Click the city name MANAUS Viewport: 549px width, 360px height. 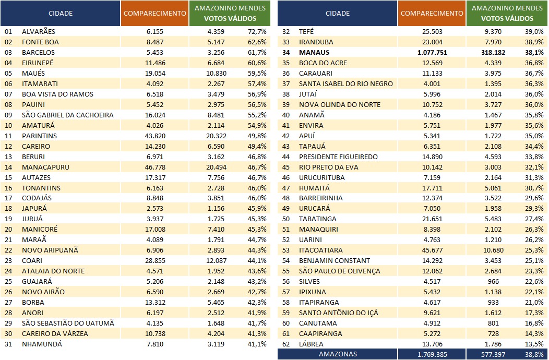click(x=314, y=53)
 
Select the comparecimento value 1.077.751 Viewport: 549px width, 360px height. click(x=432, y=53)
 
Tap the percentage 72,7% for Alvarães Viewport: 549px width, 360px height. click(x=257, y=31)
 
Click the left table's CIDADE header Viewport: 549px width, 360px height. click(x=61, y=14)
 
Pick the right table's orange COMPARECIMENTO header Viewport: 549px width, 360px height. click(x=432, y=14)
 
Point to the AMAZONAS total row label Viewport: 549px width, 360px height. click(x=338, y=354)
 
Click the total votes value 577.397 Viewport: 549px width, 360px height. click(x=493, y=354)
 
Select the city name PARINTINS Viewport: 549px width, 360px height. click(x=39, y=136)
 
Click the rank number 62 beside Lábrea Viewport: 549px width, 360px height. click(x=286, y=344)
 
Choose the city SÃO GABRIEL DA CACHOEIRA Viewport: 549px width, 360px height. click(x=67, y=115)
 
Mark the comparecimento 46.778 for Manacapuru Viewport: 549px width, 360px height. click(x=155, y=167)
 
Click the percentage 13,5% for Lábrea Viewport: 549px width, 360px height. click(x=534, y=344)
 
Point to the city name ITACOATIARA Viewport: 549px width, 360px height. click(x=321, y=250)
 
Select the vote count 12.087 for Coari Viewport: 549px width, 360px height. click(x=216, y=261)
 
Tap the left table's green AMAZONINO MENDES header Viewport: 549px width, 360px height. click(x=230, y=14)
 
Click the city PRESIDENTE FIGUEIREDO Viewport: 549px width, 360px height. click(x=338, y=157)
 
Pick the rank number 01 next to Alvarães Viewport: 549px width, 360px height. click(x=8, y=31)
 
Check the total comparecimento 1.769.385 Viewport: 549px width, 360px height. click(x=432, y=354)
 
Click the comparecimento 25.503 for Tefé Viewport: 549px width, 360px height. click(x=432, y=31)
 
